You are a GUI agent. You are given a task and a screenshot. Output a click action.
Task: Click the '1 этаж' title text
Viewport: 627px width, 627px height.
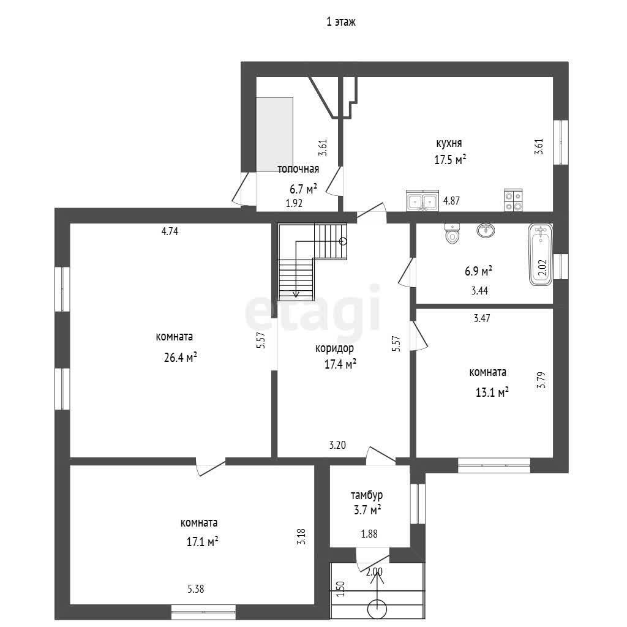point(340,21)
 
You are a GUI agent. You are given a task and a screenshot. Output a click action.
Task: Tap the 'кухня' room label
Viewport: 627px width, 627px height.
point(449,143)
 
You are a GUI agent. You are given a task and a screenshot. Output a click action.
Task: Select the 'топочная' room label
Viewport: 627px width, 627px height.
point(298,169)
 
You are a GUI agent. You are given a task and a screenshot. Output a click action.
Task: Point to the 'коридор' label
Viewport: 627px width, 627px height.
point(335,348)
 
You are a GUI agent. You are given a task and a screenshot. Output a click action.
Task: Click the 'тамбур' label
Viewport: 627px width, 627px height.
point(367,495)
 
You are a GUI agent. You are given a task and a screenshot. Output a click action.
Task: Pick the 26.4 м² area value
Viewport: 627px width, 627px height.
point(181,357)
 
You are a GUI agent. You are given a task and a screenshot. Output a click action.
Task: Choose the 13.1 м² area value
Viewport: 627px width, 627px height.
point(492,392)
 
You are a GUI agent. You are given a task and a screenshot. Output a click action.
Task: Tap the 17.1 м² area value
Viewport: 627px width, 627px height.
point(202,542)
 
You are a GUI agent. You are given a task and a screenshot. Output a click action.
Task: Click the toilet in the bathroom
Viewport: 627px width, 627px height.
point(452,233)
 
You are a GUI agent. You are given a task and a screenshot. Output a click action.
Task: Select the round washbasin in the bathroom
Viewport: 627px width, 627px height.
point(486,230)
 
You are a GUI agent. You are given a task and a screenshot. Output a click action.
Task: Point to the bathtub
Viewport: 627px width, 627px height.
point(541,255)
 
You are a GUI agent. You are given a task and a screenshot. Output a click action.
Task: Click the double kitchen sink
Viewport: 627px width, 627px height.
point(422,200)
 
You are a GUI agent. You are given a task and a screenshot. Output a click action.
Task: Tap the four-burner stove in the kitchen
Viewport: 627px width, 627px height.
point(513,200)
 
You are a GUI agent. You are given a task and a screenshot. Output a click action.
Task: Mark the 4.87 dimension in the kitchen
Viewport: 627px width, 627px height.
point(451,201)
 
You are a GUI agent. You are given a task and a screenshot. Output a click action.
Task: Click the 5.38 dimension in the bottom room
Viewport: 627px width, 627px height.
point(196,588)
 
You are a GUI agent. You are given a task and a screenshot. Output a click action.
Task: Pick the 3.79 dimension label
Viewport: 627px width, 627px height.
point(541,380)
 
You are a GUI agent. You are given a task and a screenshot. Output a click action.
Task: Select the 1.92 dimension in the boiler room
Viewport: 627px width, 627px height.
point(294,203)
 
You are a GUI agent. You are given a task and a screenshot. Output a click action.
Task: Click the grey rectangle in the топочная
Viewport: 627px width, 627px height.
point(275,135)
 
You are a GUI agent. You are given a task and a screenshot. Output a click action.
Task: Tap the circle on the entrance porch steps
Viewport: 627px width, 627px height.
point(377,609)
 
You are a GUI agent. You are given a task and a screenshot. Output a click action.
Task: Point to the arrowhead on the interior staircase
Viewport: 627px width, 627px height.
point(296,295)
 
